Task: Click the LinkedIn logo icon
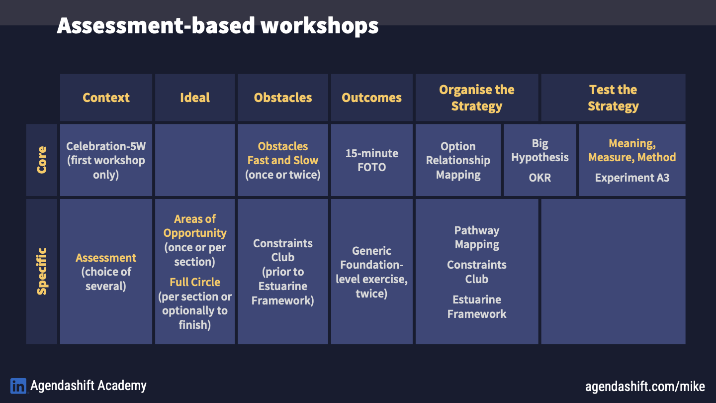point(18,386)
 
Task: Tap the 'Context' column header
point(106,98)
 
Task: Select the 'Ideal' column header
point(195,98)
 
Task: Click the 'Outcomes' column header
point(372,98)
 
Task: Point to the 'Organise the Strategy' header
point(477,98)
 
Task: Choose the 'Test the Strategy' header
point(614,98)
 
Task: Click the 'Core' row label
point(42,160)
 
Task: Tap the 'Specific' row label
point(42,272)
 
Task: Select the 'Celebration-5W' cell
point(106,160)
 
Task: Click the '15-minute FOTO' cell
point(372,160)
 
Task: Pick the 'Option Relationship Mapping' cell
point(458,160)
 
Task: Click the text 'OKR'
point(540,178)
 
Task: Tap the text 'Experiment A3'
point(632,178)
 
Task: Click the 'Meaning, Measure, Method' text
point(632,150)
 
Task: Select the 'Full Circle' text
point(195,282)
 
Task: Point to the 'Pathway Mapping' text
point(477,237)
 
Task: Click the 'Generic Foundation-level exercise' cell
point(372,272)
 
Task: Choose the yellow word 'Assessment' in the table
point(106,258)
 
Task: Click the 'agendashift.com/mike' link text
point(645,387)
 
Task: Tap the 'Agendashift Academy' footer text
point(89,386)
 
